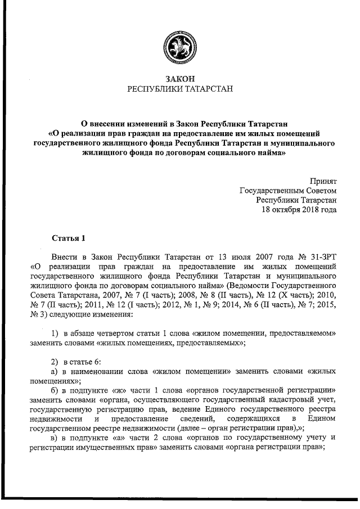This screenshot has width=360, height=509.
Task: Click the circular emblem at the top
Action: (x=179, y=46)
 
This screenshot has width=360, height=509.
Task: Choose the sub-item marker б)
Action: (x=55, y=391)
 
